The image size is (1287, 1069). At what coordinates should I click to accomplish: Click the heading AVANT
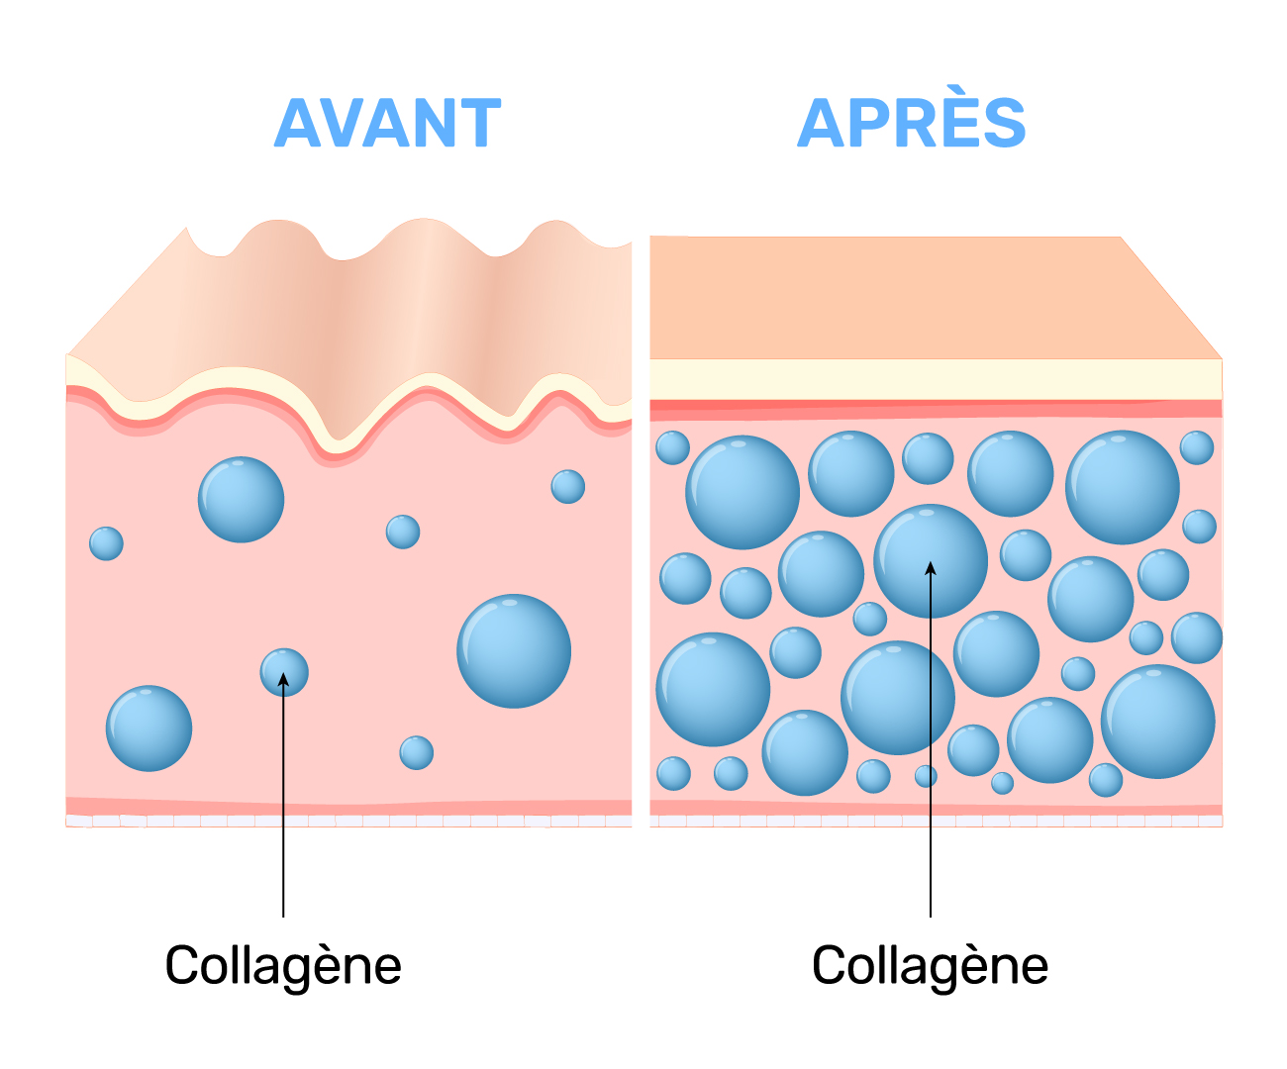click(387, 124)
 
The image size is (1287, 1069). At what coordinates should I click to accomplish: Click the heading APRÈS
click(911, 124)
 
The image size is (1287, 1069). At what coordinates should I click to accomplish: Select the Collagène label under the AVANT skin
click(283, 965)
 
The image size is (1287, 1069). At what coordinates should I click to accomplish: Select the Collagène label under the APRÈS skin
click(930, 965)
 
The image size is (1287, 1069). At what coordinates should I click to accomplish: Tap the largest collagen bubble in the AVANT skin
click(514, 651)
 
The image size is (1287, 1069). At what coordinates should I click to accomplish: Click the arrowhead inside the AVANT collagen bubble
click(284, 678)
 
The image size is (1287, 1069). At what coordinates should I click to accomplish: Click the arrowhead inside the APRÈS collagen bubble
click(931, 567)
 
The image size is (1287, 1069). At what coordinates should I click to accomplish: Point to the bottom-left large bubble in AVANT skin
click(148, 729)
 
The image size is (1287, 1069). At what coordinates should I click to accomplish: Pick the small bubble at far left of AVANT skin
click(106, 543)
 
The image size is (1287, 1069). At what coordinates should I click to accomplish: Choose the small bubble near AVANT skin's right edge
click(567, 486)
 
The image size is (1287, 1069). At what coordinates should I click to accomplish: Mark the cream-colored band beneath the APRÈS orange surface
click(936, 379)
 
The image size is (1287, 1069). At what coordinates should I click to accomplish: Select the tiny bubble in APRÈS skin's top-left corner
click(672, 447)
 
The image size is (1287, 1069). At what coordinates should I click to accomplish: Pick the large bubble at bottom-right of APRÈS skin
click(1157, 722)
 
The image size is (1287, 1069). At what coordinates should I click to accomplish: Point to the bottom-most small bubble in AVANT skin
click(416, 752)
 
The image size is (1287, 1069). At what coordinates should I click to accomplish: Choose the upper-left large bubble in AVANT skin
click(241, 500)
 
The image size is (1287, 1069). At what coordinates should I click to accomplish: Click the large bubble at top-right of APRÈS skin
click(1122, 487)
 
